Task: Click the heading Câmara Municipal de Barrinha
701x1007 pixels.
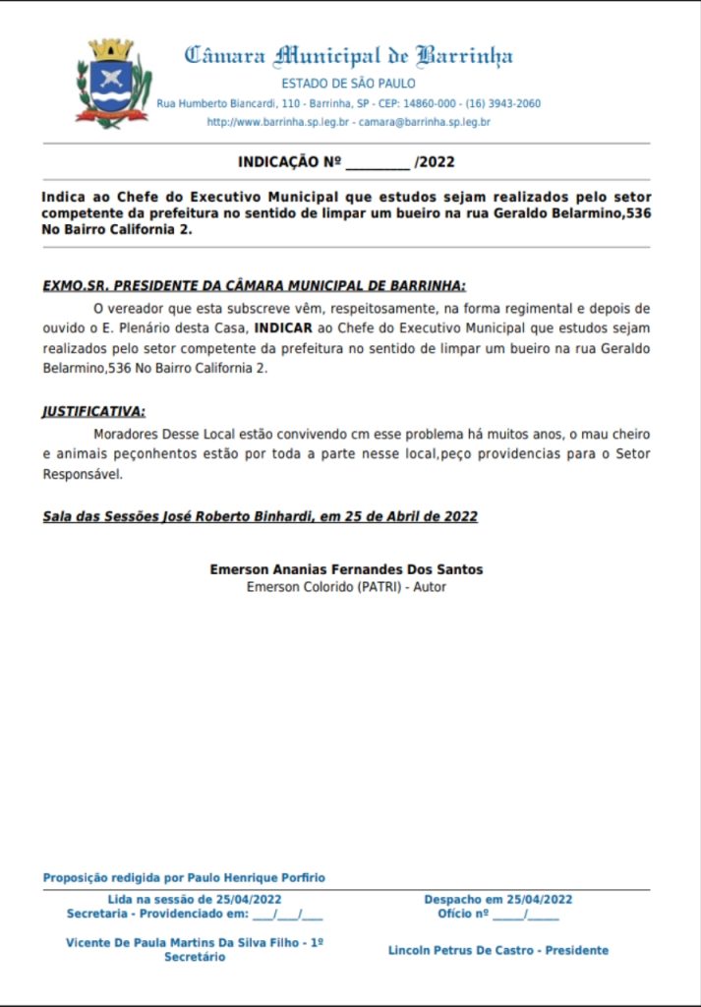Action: [349, 55]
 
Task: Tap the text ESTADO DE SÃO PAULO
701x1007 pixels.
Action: [348, 84]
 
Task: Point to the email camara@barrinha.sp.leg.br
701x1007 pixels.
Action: [425, 122]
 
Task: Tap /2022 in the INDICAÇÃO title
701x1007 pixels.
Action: [436, 162]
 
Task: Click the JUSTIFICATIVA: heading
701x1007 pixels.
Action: [93, 411]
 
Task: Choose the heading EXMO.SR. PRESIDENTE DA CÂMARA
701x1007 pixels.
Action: [254, 285]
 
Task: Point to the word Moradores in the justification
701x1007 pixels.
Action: [125, 434]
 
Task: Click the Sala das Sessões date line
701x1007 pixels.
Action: [260, 516]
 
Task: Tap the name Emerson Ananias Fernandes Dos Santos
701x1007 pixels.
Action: [346, 569]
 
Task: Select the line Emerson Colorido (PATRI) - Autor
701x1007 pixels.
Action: [346, 587]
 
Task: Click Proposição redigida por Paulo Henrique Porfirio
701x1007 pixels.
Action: [184, 877]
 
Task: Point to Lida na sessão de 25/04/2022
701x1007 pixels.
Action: [195, 899]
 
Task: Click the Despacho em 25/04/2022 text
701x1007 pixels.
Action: [497, 899]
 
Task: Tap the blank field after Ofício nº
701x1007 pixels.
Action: [526, 915]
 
